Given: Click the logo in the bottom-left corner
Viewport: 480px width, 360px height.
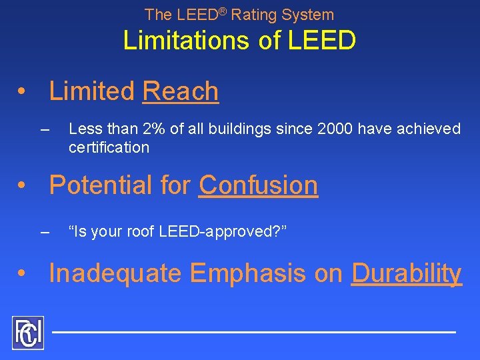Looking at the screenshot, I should click(x=27, y=333).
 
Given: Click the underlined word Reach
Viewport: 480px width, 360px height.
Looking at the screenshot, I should click(x=181, y=91).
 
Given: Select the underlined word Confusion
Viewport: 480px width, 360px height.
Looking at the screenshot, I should click(x=258, y=185).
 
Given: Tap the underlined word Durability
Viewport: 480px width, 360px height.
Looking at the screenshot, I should click(x=406, y=273).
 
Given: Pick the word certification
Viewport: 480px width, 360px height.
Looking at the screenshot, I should click(x=109, y=147).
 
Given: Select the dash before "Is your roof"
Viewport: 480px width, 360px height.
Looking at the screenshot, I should click(x=45, y=232).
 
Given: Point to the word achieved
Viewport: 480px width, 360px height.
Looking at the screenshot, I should click(x=431, y=129).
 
